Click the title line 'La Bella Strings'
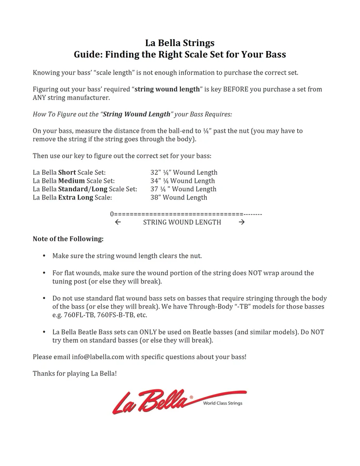tap(180, 43)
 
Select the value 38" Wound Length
tap(179, 197)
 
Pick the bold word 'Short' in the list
tap(67, 172)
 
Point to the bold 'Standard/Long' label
tap(83, 189)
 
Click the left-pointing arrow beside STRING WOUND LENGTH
tap(117, 222)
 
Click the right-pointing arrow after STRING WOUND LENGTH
tap(242, 222)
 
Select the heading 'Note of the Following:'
tap(68, 239)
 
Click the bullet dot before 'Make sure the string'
tap(44, 255)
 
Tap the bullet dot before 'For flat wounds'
tap(44, 273)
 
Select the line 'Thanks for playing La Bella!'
tap(75, 373)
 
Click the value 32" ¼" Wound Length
tap(184, 172)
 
